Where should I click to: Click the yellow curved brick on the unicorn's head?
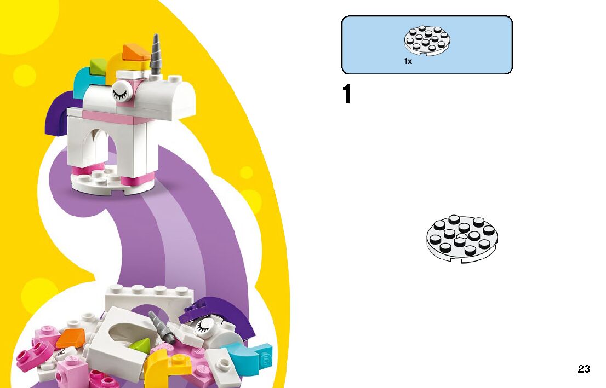[118, 66]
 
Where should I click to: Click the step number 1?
[346, 95]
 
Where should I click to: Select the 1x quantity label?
[408, 62]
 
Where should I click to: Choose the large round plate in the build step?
[462, 238]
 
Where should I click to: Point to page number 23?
[584, 369]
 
